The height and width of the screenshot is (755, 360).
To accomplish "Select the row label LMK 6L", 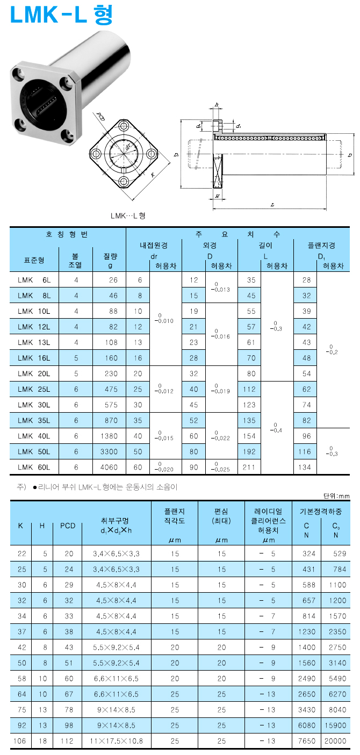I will pos(34,280).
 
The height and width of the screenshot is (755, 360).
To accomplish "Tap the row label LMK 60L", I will pos(34,467).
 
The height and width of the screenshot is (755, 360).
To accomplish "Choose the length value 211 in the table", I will pos(249,467).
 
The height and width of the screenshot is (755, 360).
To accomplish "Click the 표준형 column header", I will pos(34,260).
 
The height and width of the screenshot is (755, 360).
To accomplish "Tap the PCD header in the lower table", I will pos(68,526).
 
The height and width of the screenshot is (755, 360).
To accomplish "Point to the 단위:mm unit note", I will pos(336,495).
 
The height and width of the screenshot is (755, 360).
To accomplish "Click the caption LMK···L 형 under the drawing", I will pos(128,216).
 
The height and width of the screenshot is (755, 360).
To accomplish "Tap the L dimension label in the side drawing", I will pos(272,205).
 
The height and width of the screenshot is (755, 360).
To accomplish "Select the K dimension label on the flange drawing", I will pos(153,175).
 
